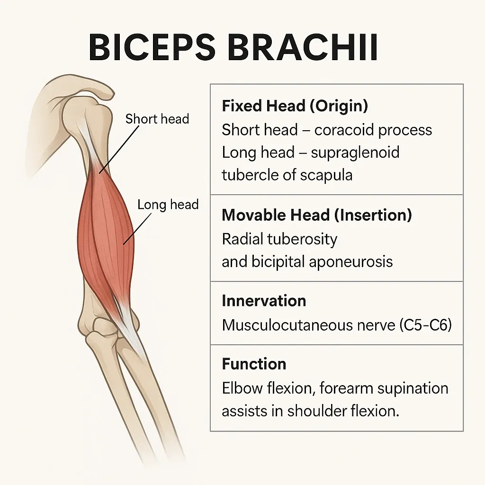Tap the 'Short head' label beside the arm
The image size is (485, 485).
[157, 118]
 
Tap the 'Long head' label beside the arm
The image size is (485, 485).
[168, 205]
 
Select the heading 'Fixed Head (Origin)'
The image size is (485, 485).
[295, 106]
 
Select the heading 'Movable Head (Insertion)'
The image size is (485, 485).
[317, 215]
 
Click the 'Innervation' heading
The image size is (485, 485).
[264, 301]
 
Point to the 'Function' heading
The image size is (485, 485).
[254, 364]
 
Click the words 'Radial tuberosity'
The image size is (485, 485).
[279, 239]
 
